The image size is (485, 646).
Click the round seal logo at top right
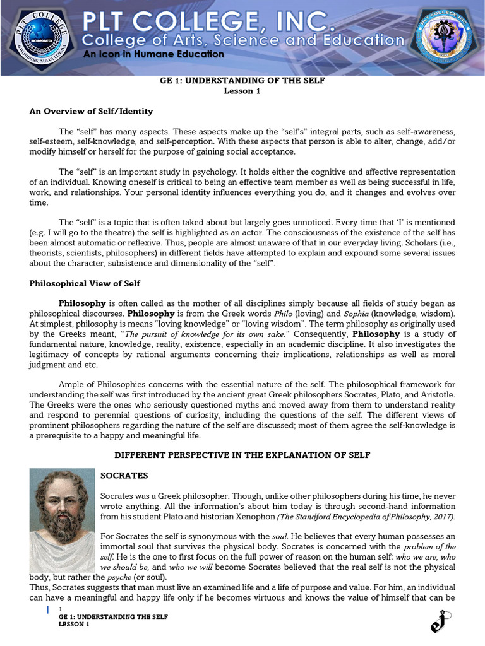[446, 37]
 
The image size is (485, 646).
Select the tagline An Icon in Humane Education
[154, 54]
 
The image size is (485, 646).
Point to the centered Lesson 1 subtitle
[242, 91]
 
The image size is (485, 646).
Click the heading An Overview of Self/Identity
[92, 111]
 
